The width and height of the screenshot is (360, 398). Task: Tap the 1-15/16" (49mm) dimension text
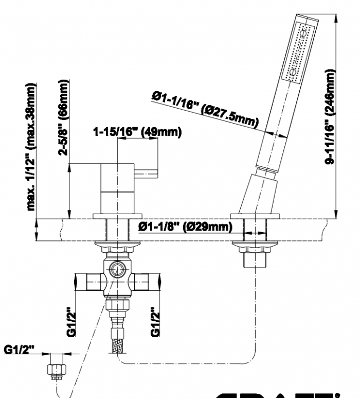[x=137, y=133]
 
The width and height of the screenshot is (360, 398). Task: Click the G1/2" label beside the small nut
[x=20, y=351]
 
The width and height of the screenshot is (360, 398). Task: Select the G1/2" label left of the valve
[x=73, y=322]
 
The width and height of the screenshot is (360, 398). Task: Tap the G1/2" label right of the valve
[x=155, y=322]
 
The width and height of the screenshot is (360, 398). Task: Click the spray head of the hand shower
[x=299, y=51]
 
